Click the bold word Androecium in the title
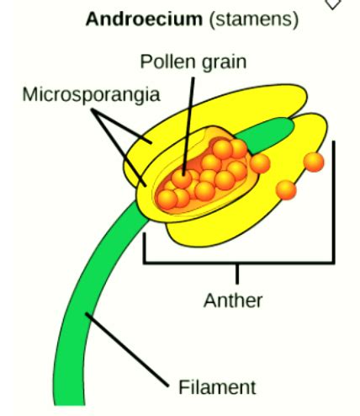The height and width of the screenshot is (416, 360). click(144, 19)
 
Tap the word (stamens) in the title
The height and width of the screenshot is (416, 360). click(254, 20)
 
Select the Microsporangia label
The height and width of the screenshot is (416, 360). click(91, 95)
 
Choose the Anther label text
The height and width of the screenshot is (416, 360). click(233, 301)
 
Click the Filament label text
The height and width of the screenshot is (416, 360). click(217, 387)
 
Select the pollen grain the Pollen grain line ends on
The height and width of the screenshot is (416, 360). click(182, 179)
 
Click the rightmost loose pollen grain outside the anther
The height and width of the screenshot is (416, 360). click(314, 163)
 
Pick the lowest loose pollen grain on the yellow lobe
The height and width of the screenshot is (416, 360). click(286, 190)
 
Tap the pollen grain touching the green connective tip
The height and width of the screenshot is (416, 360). click(260, 163)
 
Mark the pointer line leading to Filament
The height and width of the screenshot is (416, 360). click(127, 349)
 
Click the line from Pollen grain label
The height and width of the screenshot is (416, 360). click(188, 127)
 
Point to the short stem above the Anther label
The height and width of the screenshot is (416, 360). click(237, 274)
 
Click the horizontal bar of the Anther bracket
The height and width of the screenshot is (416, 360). click(239, 263)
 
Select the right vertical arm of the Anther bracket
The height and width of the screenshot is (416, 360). click(333, 202)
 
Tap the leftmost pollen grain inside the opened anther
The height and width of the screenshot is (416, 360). click(167, 200)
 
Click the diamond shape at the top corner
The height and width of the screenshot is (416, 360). click(333, 3)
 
